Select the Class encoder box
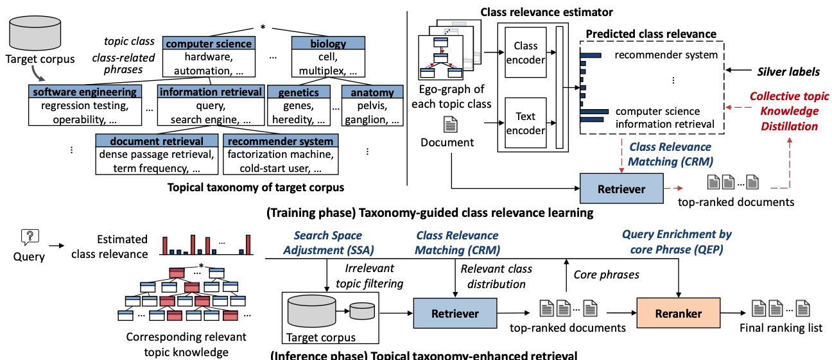coord(526,53)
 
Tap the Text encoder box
coord(526,123)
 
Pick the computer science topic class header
coord(209,44)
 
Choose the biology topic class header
coord(327,44)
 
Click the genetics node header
coord(299,92)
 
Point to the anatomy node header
coord(372,92)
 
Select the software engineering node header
coord(84,92)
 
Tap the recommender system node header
coord(280,141)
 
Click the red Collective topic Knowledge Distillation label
coord(789,111)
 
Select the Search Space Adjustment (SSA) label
coord(328,242)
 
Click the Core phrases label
coord(605,275)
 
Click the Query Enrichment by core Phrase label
coord(677,242)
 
